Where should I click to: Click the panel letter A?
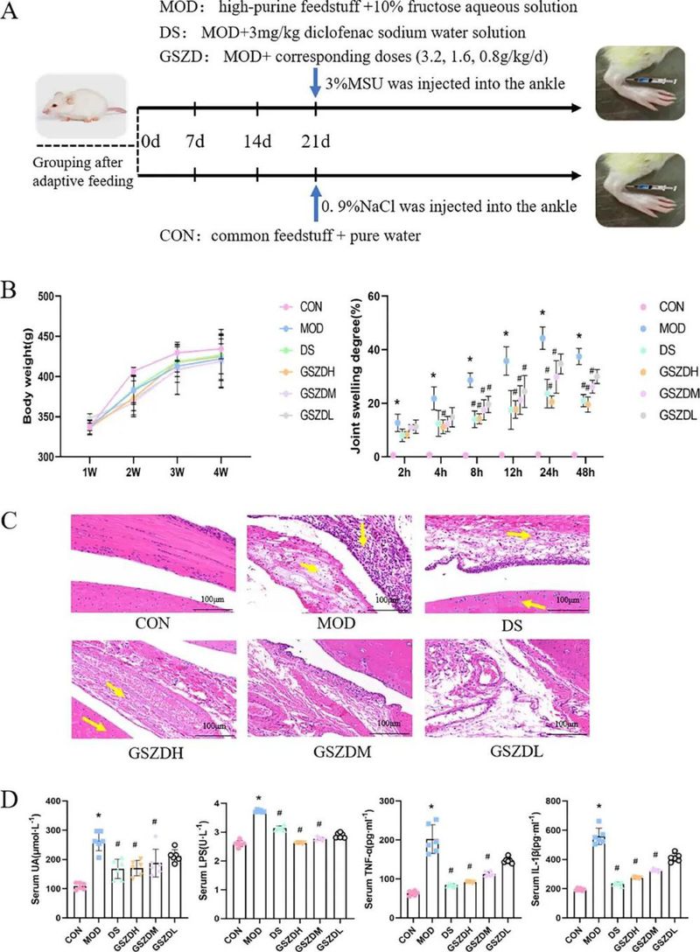(15, 15)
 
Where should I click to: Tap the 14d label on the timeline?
(255, 142)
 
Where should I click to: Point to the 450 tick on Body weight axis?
(55, 336)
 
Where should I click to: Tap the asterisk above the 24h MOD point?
(542, 313)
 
